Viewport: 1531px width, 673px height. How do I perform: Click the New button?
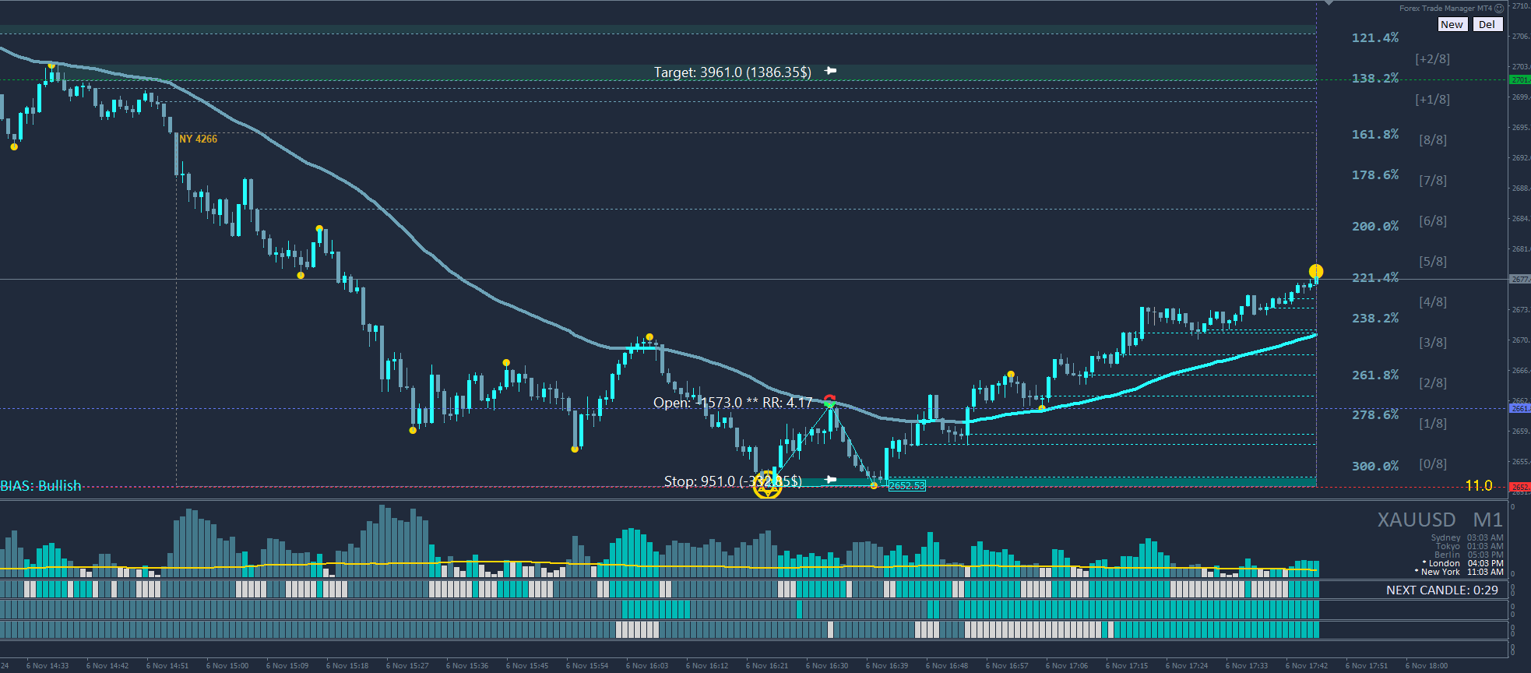[1452, 24]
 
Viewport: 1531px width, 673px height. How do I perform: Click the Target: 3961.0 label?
[732, 72]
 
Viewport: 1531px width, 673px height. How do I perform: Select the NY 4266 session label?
[198, 139]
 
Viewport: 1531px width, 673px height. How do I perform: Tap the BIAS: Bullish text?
[40, 485]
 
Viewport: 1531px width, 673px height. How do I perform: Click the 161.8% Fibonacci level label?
[1375, 134]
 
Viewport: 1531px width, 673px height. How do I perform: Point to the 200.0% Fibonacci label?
[1375, 226]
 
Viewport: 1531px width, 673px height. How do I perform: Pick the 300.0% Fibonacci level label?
[1375, 466]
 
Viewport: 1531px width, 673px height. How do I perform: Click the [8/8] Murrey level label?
[1433, 139]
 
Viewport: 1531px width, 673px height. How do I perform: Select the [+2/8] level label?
[1433, 58]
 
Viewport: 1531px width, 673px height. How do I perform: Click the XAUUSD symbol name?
[1417, 520]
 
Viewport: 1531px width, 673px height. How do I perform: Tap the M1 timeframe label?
[1487, 520]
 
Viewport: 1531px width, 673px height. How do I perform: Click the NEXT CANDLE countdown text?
[1441, 590]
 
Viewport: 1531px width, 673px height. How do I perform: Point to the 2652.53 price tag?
[907, 485]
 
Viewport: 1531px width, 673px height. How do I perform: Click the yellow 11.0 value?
[1479, 485]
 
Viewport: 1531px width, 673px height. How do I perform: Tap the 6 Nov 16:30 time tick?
[827, 665]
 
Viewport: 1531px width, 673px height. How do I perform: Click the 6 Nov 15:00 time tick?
[227, 665]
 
